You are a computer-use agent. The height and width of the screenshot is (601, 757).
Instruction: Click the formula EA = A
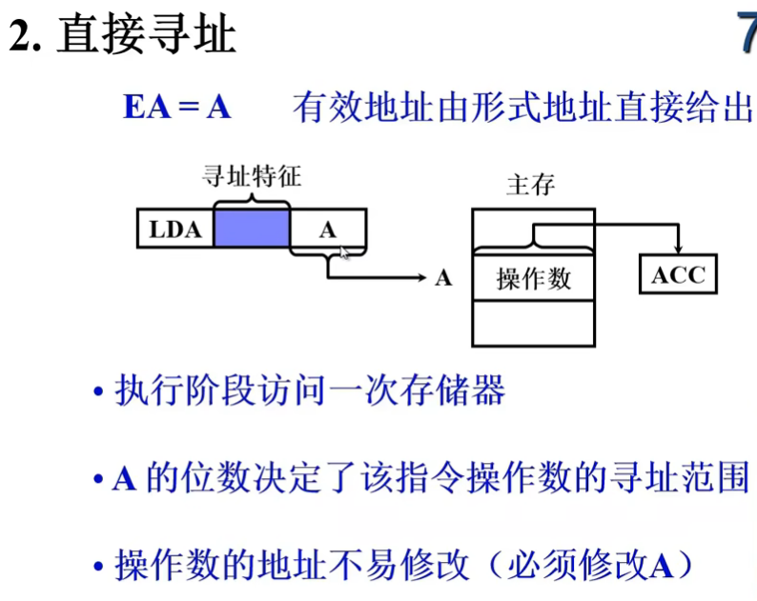point(176,107)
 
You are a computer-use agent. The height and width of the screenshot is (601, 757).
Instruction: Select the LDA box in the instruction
point(175,230)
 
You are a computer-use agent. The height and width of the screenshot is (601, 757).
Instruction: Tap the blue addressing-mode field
point(251,230)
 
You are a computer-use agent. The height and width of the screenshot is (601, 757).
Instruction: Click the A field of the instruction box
point(328,230)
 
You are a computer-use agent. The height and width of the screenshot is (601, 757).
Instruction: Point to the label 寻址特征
point(252,176)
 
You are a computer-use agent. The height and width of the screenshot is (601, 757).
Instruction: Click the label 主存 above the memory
point(530,184)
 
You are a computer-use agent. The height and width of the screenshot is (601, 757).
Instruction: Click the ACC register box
point(678,275)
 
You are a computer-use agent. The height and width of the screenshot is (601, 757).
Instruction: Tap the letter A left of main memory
point(442,278)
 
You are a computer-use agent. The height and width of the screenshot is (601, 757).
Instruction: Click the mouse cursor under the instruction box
point(345,252)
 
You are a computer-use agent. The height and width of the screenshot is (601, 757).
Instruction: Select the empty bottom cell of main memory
point(533,324)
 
